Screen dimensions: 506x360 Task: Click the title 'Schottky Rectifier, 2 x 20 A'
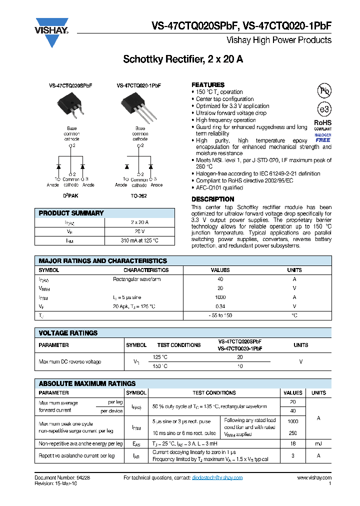point(183,59)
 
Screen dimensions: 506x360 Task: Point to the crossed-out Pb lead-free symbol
point(324,90)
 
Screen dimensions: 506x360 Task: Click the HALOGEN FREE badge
point(323,137)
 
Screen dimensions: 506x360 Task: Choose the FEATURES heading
point(208,85)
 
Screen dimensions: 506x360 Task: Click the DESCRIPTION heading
point(212,199)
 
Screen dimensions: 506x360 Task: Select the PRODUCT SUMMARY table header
point(71,213)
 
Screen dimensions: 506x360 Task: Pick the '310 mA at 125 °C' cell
point(139,240)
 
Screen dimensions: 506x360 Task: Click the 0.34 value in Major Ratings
point(220,306)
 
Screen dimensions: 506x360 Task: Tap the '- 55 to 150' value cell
point(220,315)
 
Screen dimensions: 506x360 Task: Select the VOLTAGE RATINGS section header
point(68,333)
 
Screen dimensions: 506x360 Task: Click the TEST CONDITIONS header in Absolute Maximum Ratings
point(214,393)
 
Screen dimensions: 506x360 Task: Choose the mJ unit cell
point(318,443)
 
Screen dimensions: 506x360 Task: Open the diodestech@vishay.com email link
point(217,477)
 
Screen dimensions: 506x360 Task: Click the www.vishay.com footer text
point(314,477)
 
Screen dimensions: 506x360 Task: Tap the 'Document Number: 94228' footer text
point(62,477)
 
